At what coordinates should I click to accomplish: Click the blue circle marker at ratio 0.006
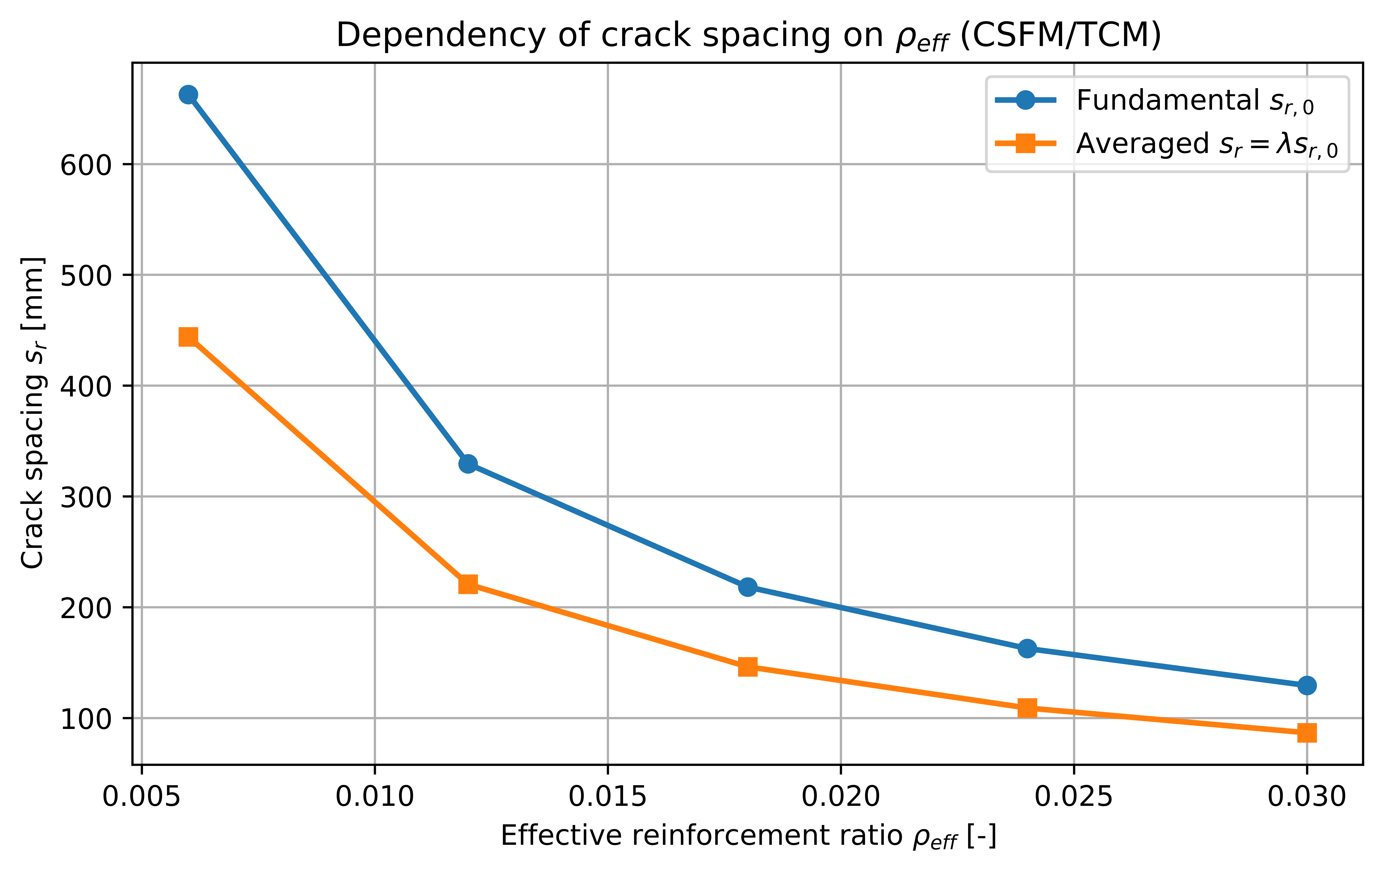(188, 95)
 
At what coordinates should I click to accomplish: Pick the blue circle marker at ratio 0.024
(1027, 649)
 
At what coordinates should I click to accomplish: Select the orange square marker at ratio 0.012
(468, 585)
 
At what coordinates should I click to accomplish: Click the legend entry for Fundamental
(1166, 101)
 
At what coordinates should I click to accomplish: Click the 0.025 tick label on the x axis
(1074, 797)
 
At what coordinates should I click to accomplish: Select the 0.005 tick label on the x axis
(141, 797)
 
